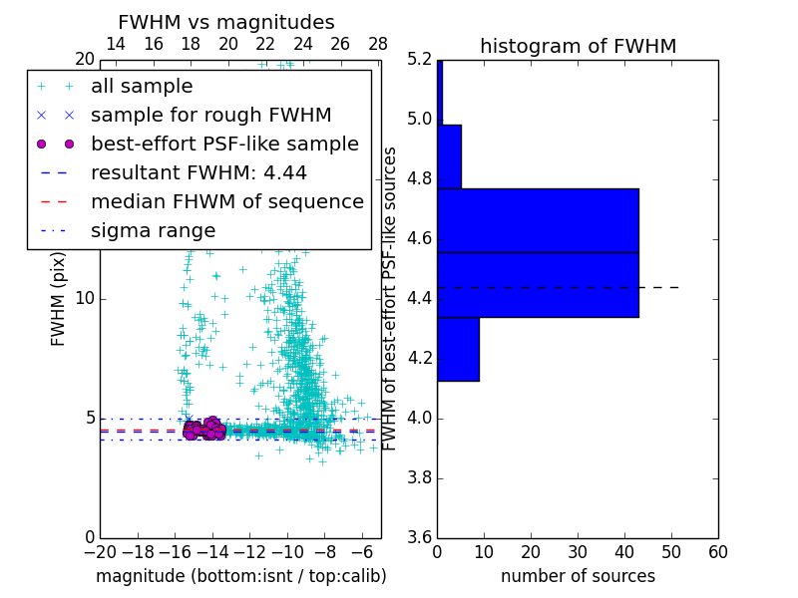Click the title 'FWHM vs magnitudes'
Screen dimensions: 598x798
(226, 22)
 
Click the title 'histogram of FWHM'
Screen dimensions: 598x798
(578, 46)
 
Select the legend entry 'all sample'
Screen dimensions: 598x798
(142, 87)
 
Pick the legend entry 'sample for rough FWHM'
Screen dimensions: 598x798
(210, 116)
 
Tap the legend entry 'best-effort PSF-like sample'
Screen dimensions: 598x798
(224, 145)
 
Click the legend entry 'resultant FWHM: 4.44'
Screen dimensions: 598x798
(199, 173)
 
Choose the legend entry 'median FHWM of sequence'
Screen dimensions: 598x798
(226, 202)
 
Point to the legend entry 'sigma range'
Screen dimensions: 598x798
(153, 231)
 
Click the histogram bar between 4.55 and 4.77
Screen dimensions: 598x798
(538, 220)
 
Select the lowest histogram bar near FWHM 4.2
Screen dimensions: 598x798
(458, 349)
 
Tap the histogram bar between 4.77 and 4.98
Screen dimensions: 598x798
(449, 156)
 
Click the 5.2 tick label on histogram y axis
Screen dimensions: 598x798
(418, 60)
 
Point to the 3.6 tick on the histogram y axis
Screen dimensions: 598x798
(418, 537)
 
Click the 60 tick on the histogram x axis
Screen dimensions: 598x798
(717, 552)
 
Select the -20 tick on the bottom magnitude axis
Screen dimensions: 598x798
(100, 552)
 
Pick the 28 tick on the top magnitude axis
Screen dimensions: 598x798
(378, 44)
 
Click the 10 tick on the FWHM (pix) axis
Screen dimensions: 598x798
(84, 299)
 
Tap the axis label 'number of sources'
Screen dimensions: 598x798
(578, 576)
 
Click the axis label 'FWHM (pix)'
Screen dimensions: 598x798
(59, 299)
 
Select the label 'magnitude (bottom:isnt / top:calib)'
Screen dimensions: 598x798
(240, 576)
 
